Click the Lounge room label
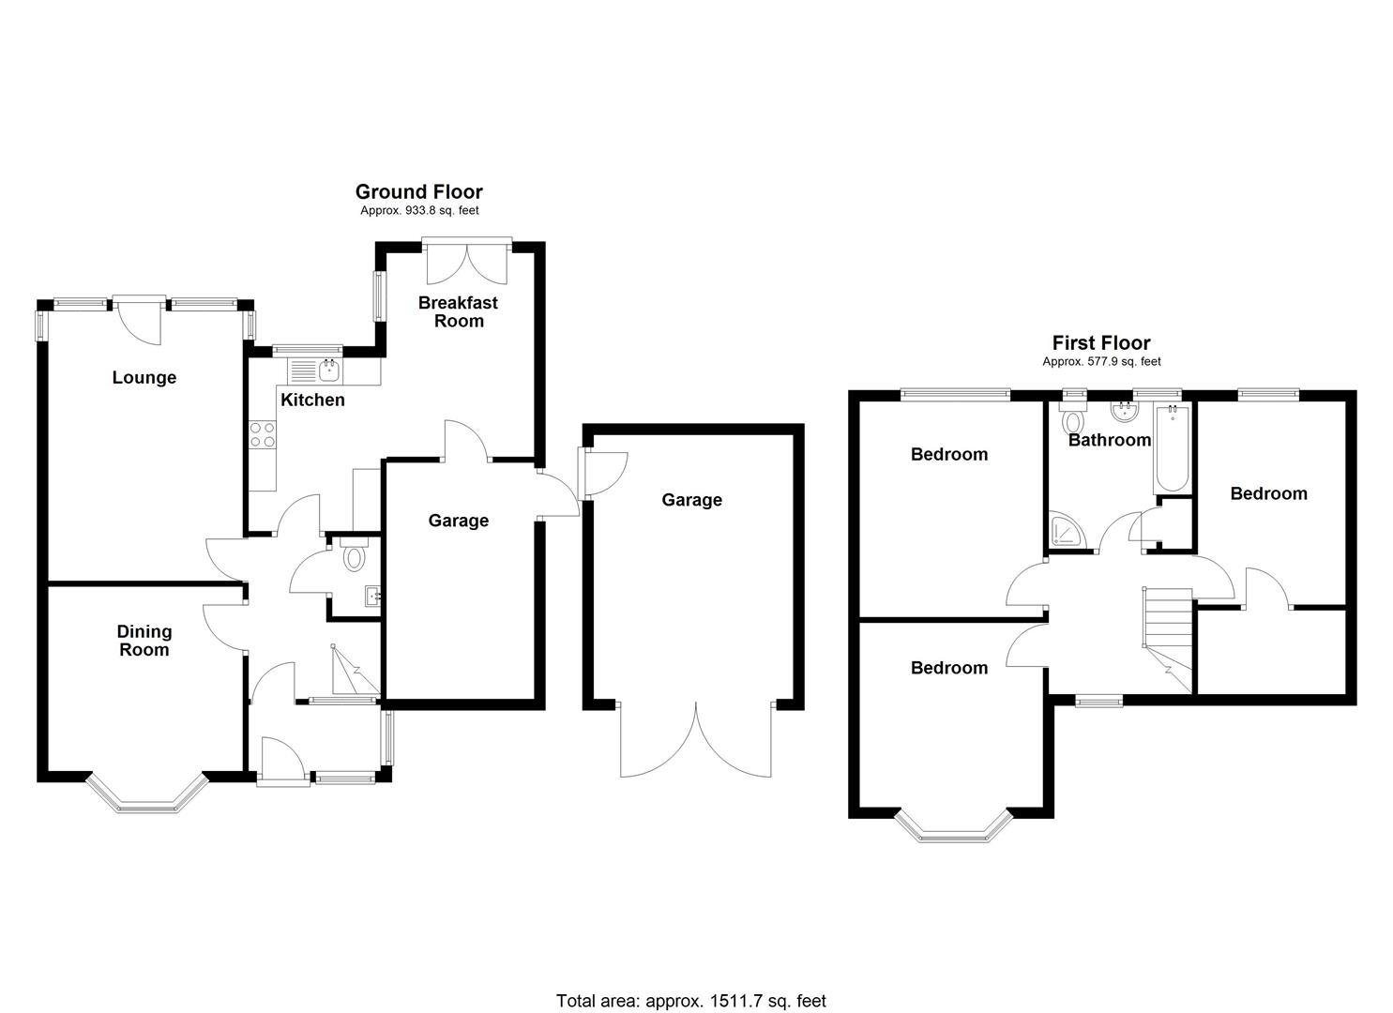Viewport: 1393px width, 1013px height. (x=144, y=378)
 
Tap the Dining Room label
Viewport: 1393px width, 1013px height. (x=144, y=641)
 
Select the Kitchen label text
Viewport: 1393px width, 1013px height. (x=312, y=401)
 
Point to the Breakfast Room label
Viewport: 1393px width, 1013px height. (x=458, y=311)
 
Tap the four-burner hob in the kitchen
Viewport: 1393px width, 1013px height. (x=263, y=434)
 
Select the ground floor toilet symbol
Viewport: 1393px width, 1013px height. (x=354, y=555)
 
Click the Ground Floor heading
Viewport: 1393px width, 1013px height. (x=418, y=192)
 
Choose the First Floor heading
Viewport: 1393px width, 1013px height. (x=1100, y=343)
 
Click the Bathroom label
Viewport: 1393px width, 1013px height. (x=1109, y=440)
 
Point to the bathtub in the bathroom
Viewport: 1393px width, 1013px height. (x=1172, y=448)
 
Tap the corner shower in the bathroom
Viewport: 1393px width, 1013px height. (x=1068, y=532)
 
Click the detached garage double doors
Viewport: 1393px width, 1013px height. (x=696, y=741)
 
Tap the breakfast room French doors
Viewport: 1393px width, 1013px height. (x=466, y=263)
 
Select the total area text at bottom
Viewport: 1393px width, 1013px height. (x=690, y=1001)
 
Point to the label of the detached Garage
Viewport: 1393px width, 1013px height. (x=691, y=500)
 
